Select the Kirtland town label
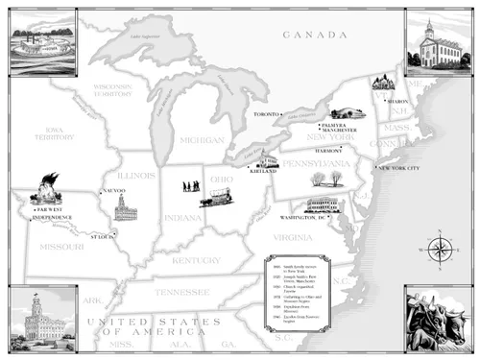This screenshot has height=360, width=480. [x=262, y=169]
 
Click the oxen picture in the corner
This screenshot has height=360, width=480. [x=439, y=317]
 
